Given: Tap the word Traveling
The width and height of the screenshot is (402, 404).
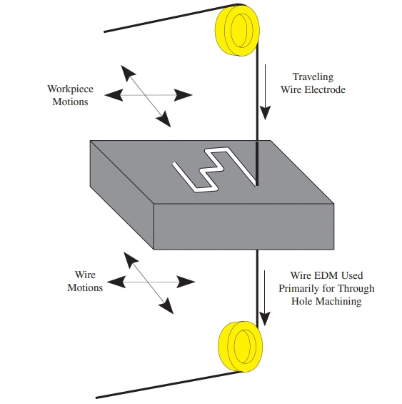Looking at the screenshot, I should tap(313, 77).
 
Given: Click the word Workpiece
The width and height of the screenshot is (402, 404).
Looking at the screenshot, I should tap(71, 89).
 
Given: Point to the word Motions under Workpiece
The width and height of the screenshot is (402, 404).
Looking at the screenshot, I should tap(71, 102).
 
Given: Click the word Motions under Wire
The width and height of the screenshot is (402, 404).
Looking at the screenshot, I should tap(85, 287).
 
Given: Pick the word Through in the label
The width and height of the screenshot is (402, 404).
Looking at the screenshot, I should tap(355, 288).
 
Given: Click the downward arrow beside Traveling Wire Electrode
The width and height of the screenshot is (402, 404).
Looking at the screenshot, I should tap(266, 93).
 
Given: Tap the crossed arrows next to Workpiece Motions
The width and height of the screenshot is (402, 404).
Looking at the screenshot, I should tap(147, 95).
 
